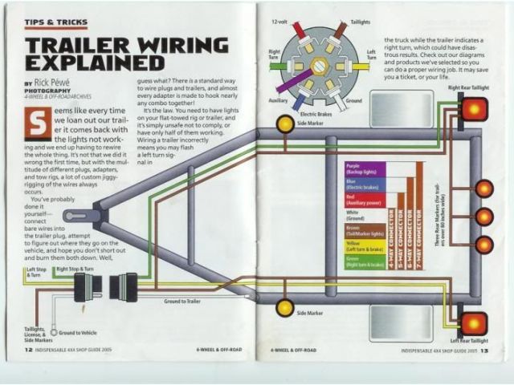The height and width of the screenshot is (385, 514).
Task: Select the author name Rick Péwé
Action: click(x=53, y=83)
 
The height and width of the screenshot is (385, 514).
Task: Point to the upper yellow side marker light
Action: click(x=284, y=123)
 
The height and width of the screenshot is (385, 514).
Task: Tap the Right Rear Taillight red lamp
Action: click(x=473, y=107)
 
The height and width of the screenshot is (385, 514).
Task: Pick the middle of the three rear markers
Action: click(x=483, y=216)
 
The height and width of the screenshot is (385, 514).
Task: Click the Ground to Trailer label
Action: click(x=183, y=301)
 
